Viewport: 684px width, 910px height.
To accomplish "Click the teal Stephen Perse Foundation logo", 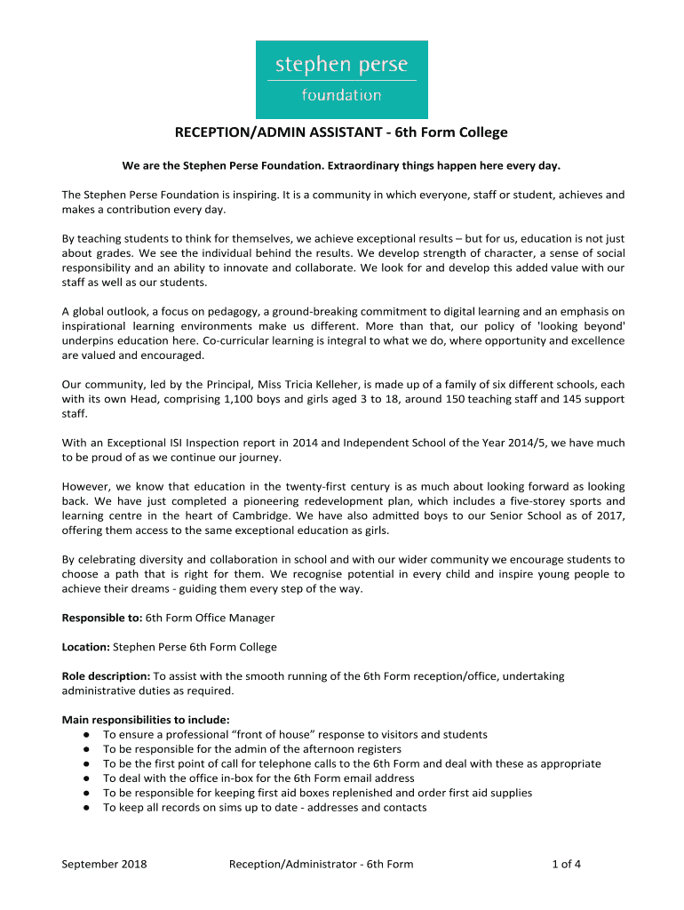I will click(342, 79).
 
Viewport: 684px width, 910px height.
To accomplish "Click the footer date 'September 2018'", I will click(104, 864).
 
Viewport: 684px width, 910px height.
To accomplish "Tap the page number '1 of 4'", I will click(567, 864).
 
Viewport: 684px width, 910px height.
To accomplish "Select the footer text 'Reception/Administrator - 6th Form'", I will click(321, 864).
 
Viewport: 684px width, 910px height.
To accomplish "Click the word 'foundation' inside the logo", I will click(341, 95).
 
